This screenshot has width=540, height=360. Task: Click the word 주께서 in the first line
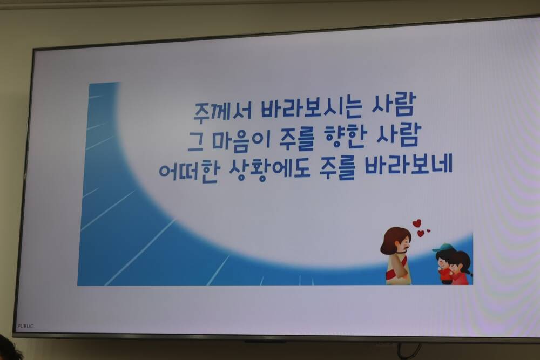tap(222, 110)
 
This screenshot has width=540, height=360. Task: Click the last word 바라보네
tap(408, 165)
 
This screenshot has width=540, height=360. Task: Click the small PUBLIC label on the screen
tap(25, 326)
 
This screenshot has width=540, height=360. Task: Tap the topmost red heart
tap(417, 223)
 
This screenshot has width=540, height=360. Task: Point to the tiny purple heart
tap(428, 231)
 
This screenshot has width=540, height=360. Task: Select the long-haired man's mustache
tap(407, 247)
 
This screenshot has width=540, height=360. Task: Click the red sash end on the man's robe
tap(390, 275)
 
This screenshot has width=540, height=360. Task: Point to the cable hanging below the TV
tap(409, 351)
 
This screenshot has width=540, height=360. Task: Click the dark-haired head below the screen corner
tap(8, 349)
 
